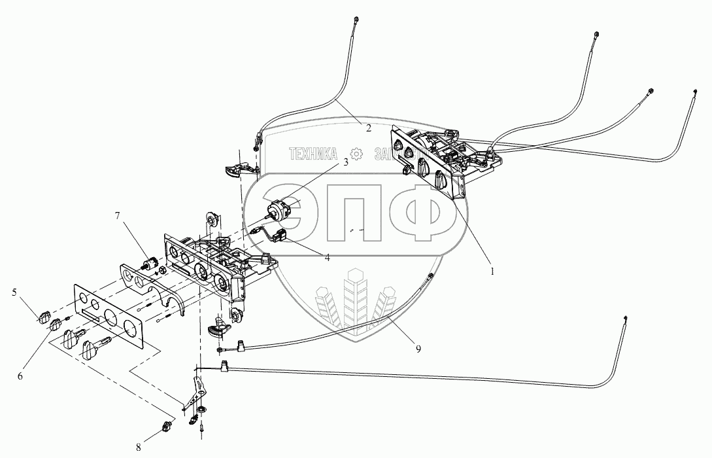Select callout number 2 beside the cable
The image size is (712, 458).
369,128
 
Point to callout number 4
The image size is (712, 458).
326,258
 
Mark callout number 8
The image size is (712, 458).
138,448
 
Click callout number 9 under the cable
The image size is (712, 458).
418,349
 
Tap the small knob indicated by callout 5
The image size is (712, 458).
44,317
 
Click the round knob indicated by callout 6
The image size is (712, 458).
56,325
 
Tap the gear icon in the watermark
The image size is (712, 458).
356,154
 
